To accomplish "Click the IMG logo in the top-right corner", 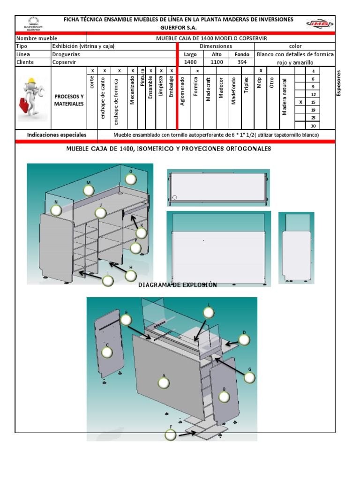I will [x=320, y=23].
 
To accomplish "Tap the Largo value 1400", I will [x=190, y=62].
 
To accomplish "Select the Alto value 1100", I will [x=216, y=62].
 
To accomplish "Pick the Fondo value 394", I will [x=242, y=62].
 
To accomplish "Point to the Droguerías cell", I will [x=66, y=54].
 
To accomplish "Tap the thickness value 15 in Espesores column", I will [x=313, y=102].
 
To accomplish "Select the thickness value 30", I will [x=313, y=126].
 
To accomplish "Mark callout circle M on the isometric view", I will [x=88, y=190].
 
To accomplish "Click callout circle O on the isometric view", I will [x=131, y=179].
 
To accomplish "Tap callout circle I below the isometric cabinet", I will [x=108, y=281].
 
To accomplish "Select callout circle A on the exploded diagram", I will [x=164, y=383].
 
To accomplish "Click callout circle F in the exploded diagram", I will [x=171, y=435].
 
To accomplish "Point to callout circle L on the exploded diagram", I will [x=209, y=313].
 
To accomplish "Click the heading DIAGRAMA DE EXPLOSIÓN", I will [x=178, y=285].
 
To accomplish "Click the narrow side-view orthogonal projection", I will [x=296, y=247].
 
